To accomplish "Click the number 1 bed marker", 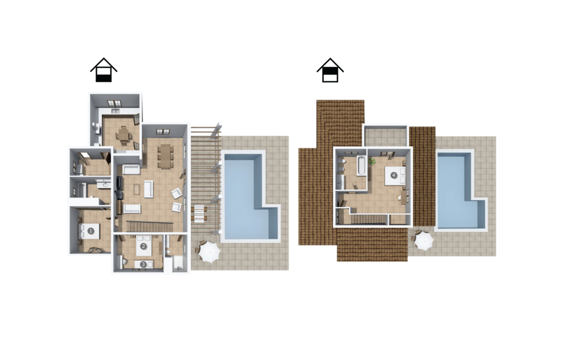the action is [x=91, y=231].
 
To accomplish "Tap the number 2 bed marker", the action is [x=143, y=246].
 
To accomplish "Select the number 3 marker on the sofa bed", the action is [x=143, y=264].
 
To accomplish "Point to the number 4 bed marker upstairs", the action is [x=394, y=176].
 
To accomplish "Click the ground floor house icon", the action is [x=104, y=70].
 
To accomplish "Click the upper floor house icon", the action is [x=330, y=70].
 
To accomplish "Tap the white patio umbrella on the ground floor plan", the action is [x=209, y=252].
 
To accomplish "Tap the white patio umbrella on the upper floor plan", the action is [x=424, y=241].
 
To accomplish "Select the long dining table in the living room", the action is [x=165, y=156].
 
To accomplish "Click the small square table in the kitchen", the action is [x=124, y=136].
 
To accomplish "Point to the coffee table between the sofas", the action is [x=137, y=189].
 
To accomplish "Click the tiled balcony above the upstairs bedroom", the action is [x=385, y=137].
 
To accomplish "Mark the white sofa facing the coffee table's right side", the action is [x=149, y=189].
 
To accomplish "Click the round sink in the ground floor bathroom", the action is [x=105, y=184].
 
